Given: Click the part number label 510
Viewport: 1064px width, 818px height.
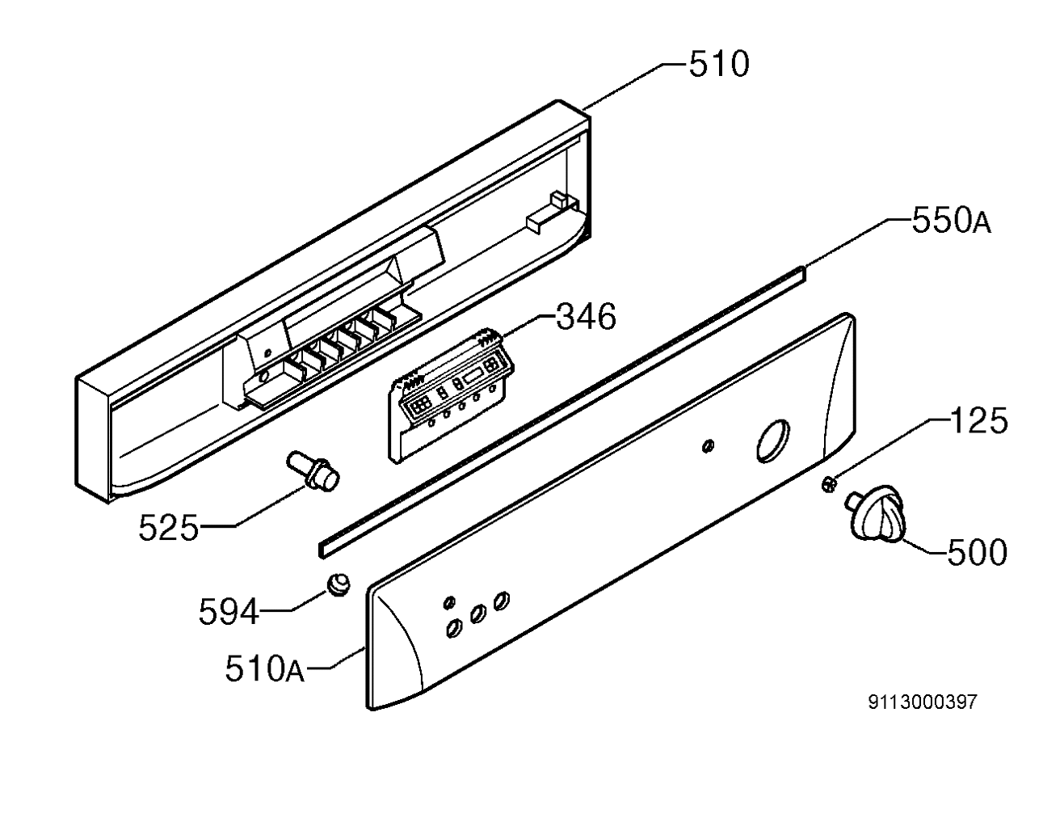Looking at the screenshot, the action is pyautogui.click(x=719, y=65).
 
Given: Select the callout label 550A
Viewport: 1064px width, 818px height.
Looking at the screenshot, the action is pyautogui.click(x=952, y=221).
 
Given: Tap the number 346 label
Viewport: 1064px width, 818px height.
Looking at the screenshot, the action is pyautogui.click(x=586, y=317).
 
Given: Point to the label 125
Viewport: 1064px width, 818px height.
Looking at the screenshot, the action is pyautogui.click(x=978, y=420).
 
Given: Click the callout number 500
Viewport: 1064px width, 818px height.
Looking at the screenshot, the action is pyautogui.click(x=978, y=553).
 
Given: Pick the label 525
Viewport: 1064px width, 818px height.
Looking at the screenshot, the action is pyautogui.click(x=168, y=528).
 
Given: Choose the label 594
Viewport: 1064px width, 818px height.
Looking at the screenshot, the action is pyautogui.click(x=229, y=612).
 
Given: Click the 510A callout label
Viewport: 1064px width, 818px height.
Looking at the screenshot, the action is pyautogui.click(x=265, y=668).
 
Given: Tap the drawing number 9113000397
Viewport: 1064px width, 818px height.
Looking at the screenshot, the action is pyautogui.click(x=923, y=702).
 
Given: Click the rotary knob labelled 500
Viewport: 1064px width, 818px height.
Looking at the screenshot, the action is pyautogui.click(x=876, y=513).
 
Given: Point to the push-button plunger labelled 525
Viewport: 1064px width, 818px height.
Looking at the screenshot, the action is pyautogui.click(x=313, y=470).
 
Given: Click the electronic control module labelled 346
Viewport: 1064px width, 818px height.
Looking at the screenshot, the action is pyautogui.click(x=451, y=396).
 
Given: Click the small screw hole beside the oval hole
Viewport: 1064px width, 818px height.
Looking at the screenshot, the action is pyautogui.click(x=708, y=445).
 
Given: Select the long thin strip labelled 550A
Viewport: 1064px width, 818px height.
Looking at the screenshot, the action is pyautogui.click(x=561, y=412).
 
